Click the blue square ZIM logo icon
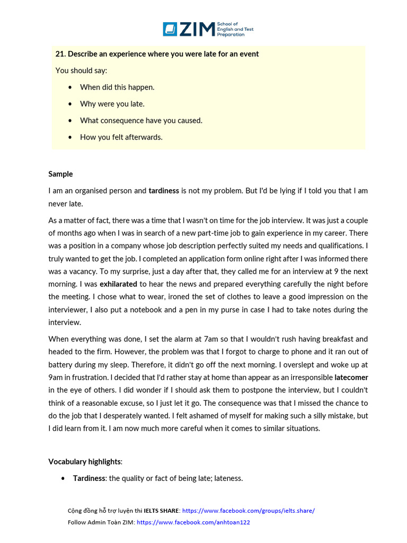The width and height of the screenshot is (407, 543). pyautogui.click(x=170, y=29)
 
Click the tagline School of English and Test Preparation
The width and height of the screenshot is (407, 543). pyautogui.click(x=235, y=29)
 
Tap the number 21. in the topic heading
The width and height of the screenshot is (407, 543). pyautogui.click(x=60, y=54)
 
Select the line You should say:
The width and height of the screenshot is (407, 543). pyautogui.click(x=81, y=71)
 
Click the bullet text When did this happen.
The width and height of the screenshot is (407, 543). pyautogui.click(x=117, y=87)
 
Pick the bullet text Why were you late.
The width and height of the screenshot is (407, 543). pyautogui.click(x=112, y=104)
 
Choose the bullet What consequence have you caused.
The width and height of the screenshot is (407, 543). pyautogui.click(x=141, y=120)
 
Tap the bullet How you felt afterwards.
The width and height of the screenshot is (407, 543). pyautogui.click(x=121, y=137)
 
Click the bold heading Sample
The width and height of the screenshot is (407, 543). pyautogui.click(x=60, y=174)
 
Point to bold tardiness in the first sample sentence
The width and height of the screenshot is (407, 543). pyautogui.click(x=164, y=191)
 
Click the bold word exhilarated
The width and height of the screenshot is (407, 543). pyautogui.click(x=118, y=284)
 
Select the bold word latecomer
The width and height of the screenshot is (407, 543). pyautogui.click(x=351, y=378)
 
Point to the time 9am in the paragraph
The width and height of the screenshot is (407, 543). pyautogui.click(x=56, y=378)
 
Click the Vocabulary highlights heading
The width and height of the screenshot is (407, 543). pyautogui.click(x=85, y=461)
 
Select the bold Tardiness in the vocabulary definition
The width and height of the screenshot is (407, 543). pyautogui.click(x=89, y=478)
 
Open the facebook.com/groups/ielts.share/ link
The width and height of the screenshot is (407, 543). pyautogui.click(x=248, y=511)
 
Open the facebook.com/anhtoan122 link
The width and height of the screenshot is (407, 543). pyautogui.click(x=193, y=522)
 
